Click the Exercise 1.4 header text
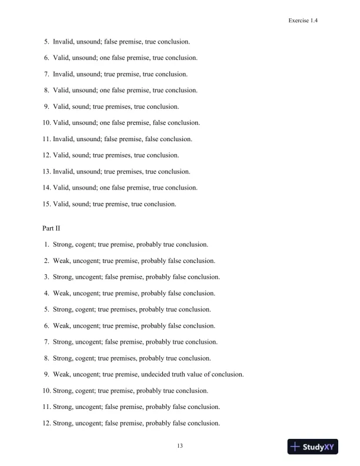pos(303,20)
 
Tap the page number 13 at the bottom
pos(180,445)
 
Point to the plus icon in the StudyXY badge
pos(296,447)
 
